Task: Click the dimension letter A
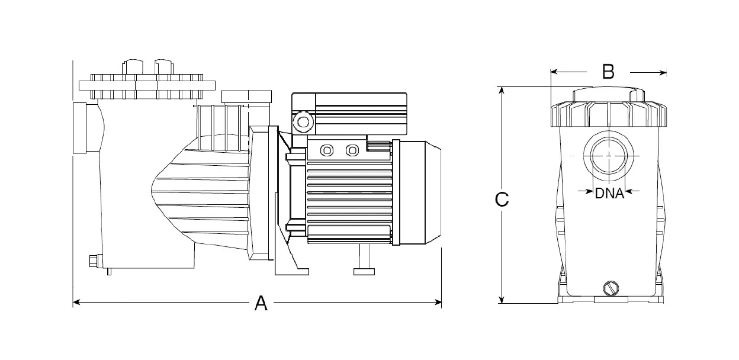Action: pyautogui.click(x=261, y=304)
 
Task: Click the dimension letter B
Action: pyautogui.click(x=608, y=72)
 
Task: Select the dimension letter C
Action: pyautogui.click(x=502, y=200)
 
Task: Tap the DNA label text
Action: pyautogui.click(x=609, y=193)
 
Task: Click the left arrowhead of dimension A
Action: pyautogui.click(x=76, y=303)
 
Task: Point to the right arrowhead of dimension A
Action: pyautogui.click(x=439, y=303)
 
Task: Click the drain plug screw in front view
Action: pyautogui.click(x=611, y=288)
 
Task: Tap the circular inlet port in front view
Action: pyautogui.click(x=608, y=154)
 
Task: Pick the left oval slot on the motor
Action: pyautogui.click(x=326, y=150)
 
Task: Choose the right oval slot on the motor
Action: pyautogui.click(x=352, y=150)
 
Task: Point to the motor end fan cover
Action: pyautogui.click(x=421, y=192)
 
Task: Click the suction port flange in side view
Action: pyautogui.click(x=80, y=128)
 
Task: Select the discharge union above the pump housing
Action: pyautogui.click(x=245, y=97)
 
